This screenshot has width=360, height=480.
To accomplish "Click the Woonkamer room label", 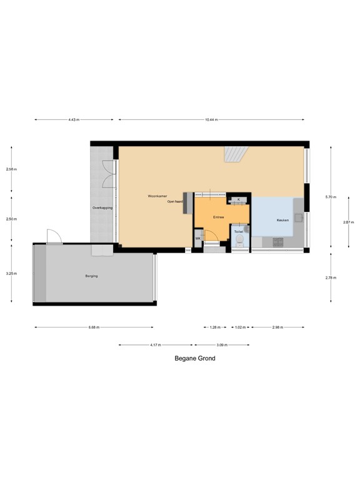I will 157,196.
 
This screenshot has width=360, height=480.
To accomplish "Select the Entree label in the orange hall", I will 219,217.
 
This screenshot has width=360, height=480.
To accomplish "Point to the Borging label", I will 91,276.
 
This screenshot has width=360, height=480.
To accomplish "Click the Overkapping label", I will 102,207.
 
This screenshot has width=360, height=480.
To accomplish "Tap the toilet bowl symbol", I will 238,242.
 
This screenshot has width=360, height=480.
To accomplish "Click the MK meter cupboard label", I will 197,239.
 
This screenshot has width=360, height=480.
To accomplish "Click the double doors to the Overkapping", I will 109,174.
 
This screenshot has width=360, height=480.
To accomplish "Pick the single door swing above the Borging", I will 54,237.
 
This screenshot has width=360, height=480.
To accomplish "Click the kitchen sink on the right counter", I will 299,218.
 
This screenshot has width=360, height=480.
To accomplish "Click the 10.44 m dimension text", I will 211,119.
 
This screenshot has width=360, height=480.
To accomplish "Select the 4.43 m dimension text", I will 74,119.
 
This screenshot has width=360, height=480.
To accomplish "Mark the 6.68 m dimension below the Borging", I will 94,327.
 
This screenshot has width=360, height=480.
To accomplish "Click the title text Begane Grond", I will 194,359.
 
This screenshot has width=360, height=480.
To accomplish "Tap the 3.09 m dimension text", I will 222,344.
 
